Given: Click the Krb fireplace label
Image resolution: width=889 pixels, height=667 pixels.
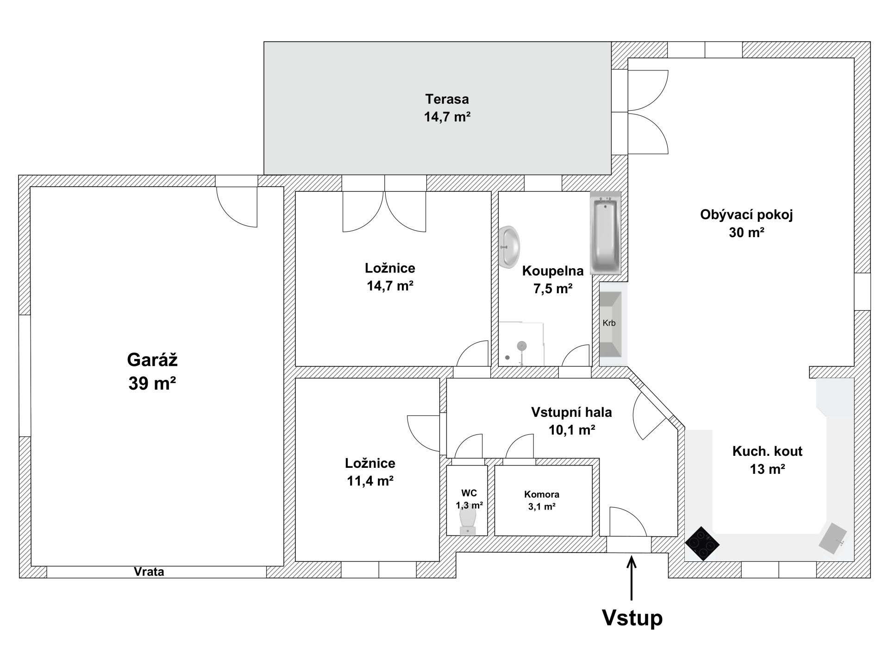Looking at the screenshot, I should [x=609, y=323].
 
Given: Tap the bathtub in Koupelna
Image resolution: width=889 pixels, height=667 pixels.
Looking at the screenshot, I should [x=605, y=233].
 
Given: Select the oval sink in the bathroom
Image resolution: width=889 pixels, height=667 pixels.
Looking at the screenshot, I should [x=509, y=246].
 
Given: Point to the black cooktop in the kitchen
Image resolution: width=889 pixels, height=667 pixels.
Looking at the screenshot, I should [x=702, y=543].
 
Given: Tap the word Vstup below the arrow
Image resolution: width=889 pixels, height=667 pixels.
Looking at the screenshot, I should [x=632, y=617].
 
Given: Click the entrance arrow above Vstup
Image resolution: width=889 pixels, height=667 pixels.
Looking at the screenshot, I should [x=632, y=579].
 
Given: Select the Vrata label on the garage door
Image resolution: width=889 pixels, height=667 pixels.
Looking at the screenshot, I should [x=149, y=572].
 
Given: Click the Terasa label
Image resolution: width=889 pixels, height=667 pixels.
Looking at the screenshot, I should [x=447, y=99].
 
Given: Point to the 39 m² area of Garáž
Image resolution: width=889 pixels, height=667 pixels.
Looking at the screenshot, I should [x=152, y=384].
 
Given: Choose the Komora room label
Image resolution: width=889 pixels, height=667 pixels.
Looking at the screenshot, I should [x=542, y=494].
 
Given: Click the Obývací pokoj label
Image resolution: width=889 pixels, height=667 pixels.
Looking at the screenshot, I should [x=746, y=215].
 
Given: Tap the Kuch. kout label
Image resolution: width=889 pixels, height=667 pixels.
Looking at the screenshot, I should [x=767, y=451].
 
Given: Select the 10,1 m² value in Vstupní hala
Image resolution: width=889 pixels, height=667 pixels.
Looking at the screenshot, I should [x=571, y=430].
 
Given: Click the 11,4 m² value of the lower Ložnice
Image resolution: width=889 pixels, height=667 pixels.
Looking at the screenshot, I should [x=370, y=481].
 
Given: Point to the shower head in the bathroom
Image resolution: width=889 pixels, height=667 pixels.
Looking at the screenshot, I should [x=522, y=346].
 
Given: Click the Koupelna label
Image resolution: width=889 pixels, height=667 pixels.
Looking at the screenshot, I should [x=553, y=271].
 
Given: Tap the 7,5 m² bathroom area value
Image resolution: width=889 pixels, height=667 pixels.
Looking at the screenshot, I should [x=553, y=289].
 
